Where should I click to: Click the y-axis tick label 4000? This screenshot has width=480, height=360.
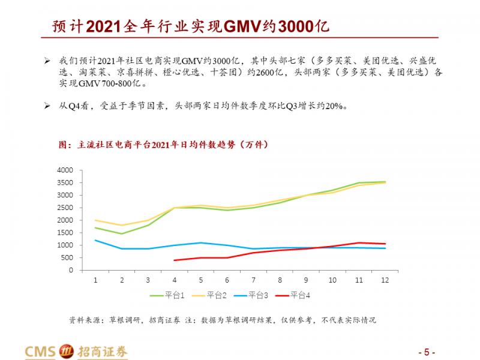pos(65,170)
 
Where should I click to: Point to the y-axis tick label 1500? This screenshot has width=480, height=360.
pos(65,233)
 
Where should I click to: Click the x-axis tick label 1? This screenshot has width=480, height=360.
pos(95,280)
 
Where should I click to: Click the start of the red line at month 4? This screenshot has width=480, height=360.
pos(174,260)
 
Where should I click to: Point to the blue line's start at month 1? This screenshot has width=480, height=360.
pos(95,240)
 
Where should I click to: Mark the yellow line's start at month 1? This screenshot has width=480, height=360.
pos(95,220)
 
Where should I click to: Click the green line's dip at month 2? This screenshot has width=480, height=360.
pos(122,234)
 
